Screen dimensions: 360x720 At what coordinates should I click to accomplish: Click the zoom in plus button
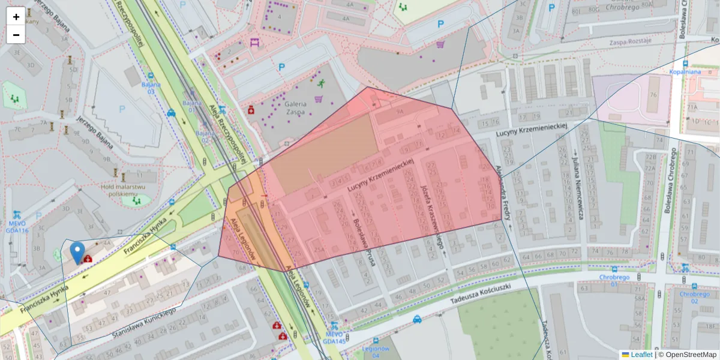(x=16, y=16)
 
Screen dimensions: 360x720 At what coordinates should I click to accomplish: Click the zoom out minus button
(x=16, y=35)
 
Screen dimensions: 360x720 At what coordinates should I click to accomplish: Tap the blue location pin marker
(x=77, y=253)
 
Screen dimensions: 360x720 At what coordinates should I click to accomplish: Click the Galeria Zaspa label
(x=296, y=108)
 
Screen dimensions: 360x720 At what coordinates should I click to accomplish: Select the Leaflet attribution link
(x=641, y=355)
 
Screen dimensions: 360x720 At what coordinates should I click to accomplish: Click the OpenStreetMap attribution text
(x=691, y=355)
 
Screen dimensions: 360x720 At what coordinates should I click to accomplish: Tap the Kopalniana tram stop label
(x=685, y=72)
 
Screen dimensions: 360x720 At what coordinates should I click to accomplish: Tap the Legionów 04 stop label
(x=376, y=352)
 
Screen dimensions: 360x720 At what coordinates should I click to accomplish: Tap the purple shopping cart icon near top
(x=440, y=44)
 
